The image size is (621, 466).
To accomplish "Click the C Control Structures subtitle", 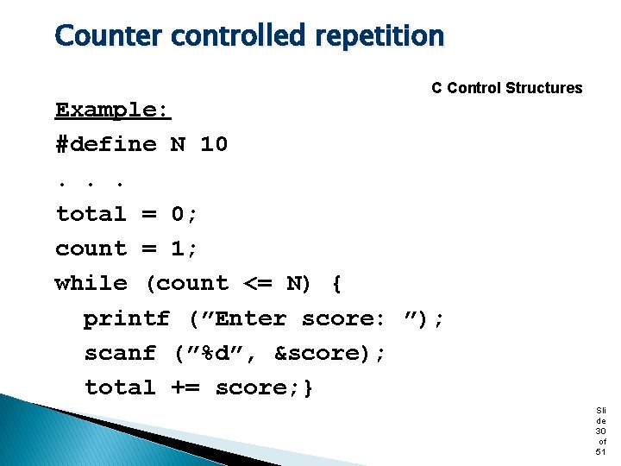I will (x=506, y=88).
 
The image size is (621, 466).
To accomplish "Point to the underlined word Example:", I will (x=113, y=110).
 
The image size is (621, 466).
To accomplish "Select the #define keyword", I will (x=106, y=144).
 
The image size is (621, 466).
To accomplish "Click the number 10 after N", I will (x=214, y=144).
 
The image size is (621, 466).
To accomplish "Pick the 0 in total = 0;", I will (x=179, y=214).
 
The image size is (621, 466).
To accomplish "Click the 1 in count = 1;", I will (x=179, y=249).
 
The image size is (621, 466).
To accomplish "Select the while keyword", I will (x=91, y=284).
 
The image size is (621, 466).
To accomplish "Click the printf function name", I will (x=127, y=319).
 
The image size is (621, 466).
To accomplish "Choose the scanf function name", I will (x=120, y=354).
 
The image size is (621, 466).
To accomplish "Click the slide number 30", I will (x=600, y=431).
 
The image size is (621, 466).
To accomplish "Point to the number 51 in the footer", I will (x=600, y=451).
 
